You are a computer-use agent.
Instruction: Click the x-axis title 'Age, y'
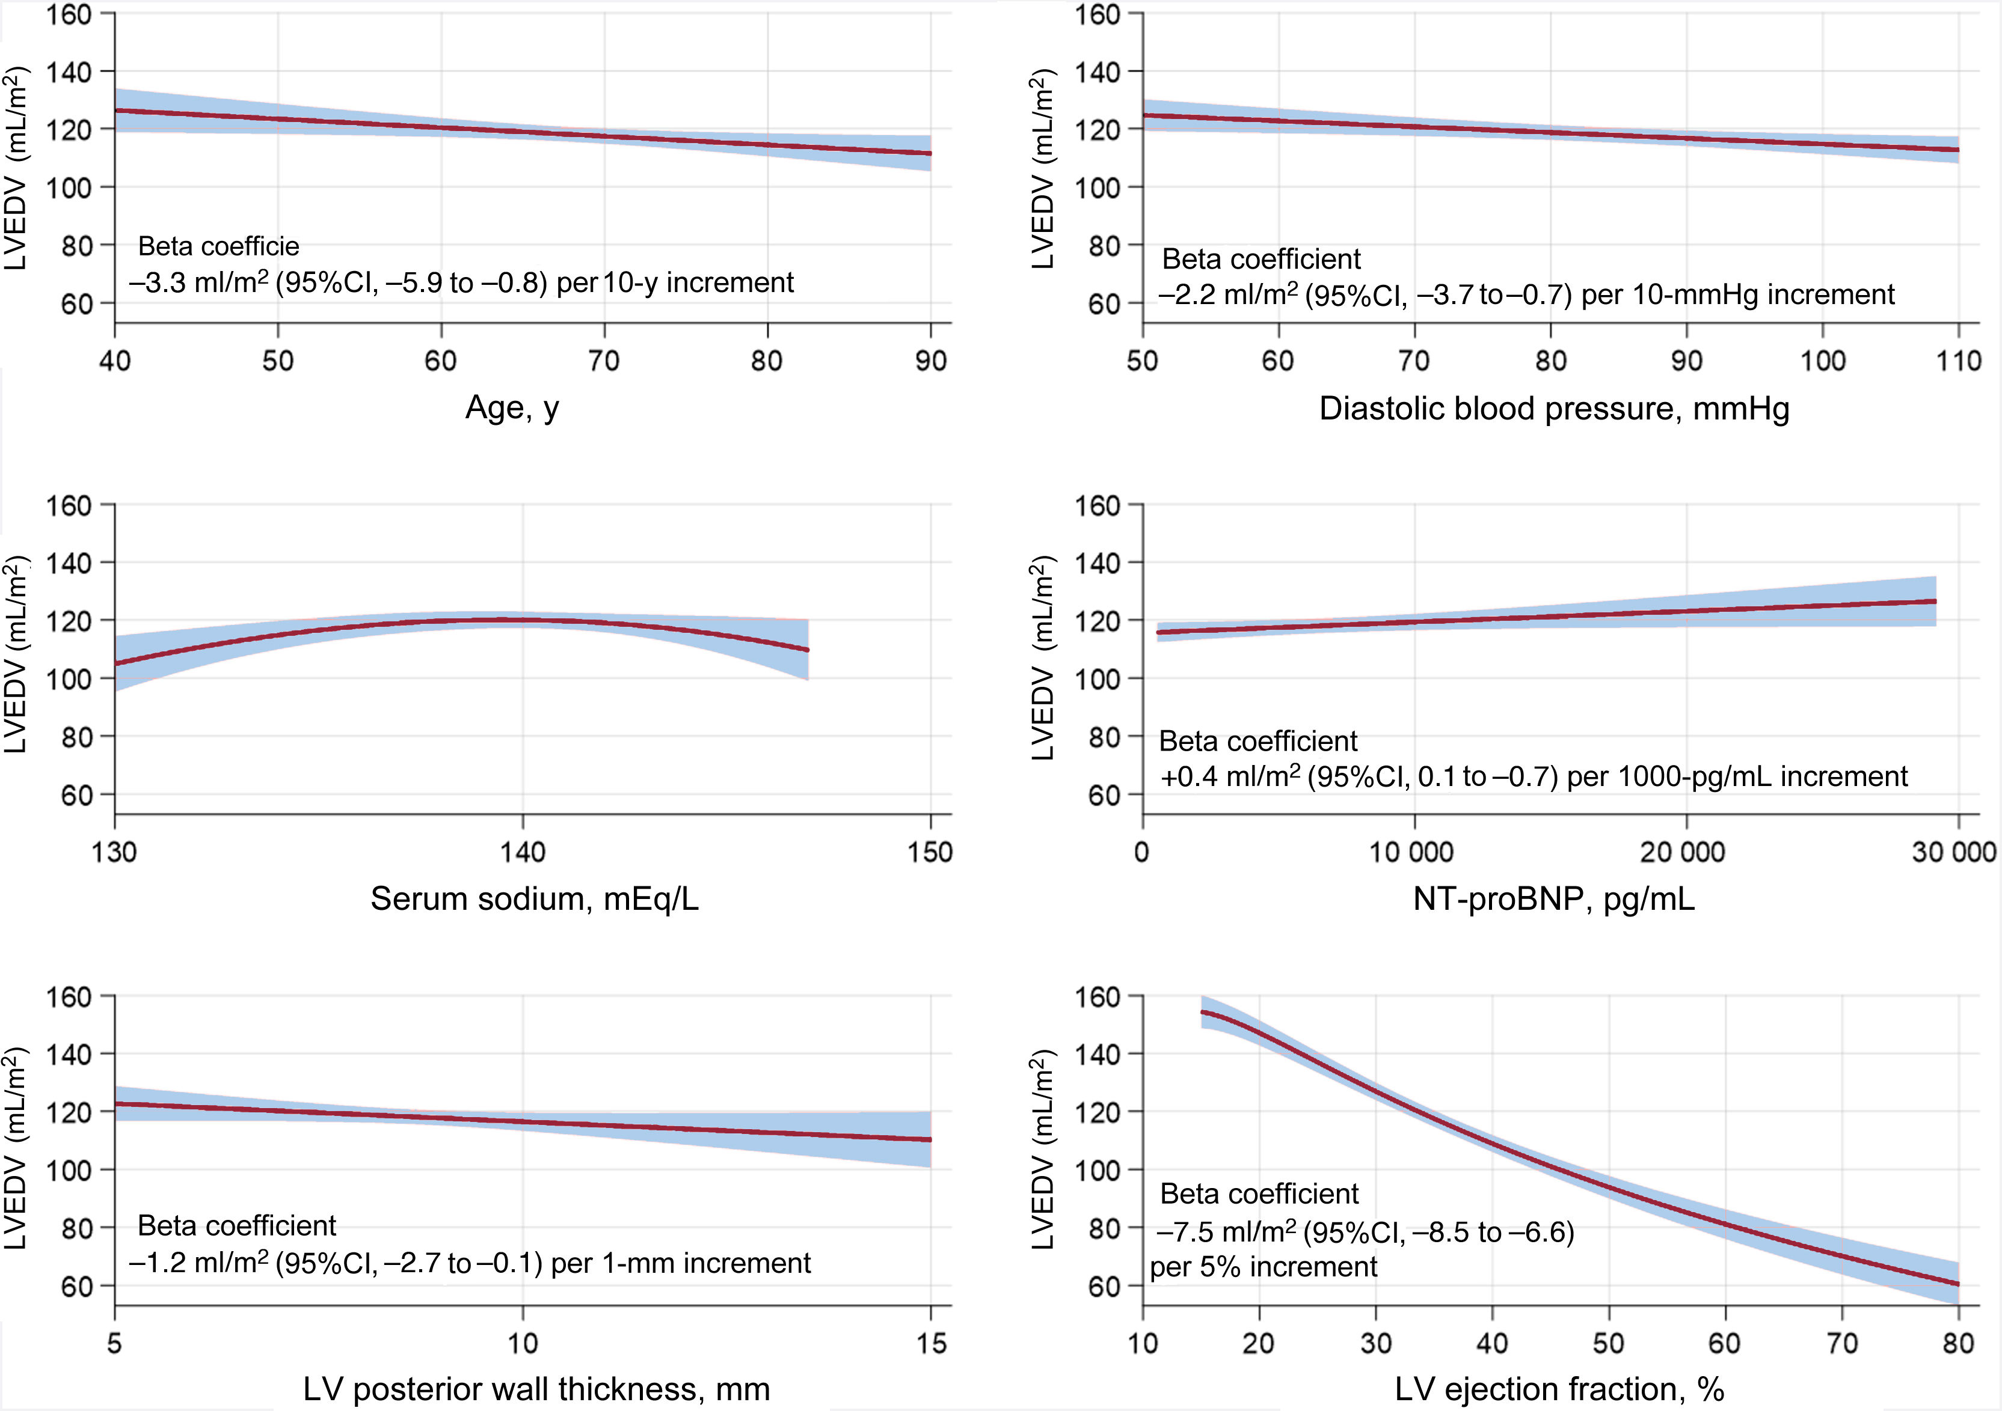(512, 409)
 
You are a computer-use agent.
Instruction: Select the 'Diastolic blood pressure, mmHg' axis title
(1554, 409)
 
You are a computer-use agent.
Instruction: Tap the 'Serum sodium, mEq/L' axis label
(535, 898)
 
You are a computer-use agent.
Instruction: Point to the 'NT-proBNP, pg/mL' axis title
(1554, 898)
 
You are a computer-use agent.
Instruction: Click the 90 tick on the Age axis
(930, 361)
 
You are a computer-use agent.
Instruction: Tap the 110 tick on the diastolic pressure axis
(1959, 361)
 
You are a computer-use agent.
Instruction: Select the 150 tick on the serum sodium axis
(930, 852)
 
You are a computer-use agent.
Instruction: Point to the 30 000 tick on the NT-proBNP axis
(1954, 852)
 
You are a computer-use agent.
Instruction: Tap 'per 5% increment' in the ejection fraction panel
(1264, 1266)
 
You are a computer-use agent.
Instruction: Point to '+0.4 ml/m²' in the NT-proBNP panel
(1229, 776)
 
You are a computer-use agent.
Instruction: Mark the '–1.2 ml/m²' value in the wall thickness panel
(199, 1262)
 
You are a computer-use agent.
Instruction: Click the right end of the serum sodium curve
(808, 649)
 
